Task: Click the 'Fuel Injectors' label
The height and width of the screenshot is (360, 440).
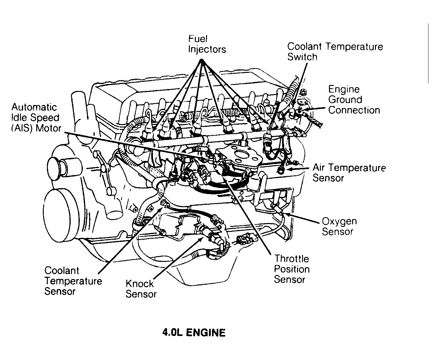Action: [206, 44]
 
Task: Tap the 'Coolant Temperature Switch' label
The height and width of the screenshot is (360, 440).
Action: [335, 52]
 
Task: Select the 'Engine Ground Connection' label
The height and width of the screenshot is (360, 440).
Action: [354, 100]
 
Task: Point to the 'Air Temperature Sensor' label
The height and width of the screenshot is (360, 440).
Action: [349, 173]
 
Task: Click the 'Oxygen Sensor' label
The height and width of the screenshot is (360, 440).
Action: [339, 226]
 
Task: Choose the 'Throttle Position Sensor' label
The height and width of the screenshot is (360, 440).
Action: [291, 269]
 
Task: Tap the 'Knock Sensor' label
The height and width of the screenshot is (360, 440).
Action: [141, 289]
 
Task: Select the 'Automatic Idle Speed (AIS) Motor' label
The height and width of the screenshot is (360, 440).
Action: [36, 117]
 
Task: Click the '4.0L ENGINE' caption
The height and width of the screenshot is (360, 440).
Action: [194, 332]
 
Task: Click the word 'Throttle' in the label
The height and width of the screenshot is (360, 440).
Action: [291, 259]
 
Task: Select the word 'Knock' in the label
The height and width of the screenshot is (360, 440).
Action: [139, 284]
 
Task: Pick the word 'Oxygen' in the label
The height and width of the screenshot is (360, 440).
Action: [339, 221]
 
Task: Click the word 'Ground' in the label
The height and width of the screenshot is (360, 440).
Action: [345, 100]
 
